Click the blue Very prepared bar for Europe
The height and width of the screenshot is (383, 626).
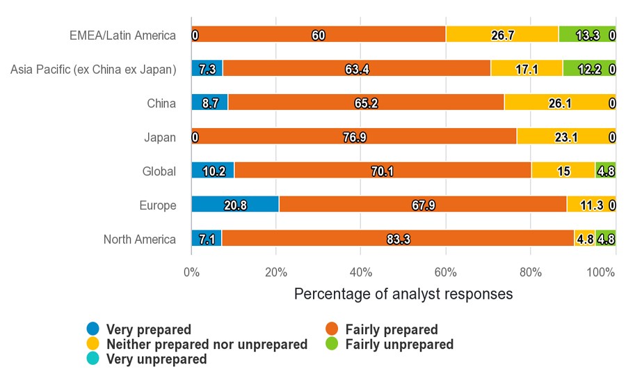(235, 205)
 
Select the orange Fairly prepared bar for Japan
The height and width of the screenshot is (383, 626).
(354, 136)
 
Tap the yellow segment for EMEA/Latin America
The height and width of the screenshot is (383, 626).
(502, 34)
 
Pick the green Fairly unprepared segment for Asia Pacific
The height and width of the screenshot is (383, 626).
(588, 68)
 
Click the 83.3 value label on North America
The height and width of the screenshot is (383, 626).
(398, 240)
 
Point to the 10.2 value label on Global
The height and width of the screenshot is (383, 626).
(213, 171)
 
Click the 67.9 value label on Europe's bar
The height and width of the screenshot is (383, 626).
(422, 205)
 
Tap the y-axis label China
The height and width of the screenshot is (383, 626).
(161, 103)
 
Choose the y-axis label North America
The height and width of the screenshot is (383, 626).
(140, 240)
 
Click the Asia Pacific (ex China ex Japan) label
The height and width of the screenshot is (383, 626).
(93, 69)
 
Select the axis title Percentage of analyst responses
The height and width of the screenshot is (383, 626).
(403, 294)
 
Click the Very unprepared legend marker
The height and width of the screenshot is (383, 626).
(93, 359)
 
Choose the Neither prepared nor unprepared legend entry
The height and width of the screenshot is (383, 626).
(207, 344)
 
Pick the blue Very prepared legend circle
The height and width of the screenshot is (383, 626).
(93, 329)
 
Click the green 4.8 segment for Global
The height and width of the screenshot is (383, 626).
(605, 171)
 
